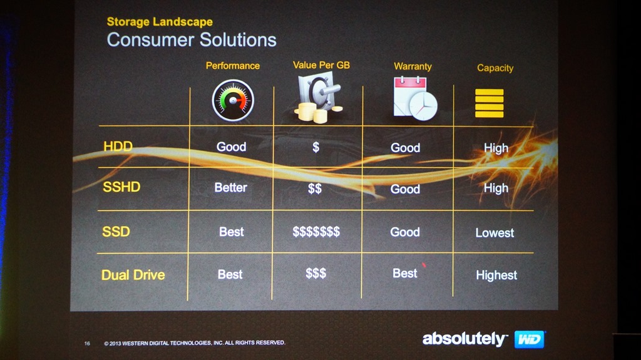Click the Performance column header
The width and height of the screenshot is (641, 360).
pos(233,66)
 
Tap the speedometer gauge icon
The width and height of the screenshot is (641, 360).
pos(233,100)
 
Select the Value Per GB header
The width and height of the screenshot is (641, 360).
pos(321,65)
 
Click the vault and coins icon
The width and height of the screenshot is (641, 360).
pos(319,98)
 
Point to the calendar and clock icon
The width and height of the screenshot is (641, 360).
pos(415,98)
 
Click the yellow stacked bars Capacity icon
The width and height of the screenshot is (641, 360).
pos(490,103)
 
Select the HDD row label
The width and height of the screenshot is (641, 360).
pos(118,146)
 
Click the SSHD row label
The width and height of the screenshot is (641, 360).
pos(121,187)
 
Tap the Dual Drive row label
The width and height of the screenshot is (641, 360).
pos(133,275)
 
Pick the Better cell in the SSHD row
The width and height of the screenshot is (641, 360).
pos(230,187)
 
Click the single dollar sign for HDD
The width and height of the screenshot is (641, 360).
pos(315,147)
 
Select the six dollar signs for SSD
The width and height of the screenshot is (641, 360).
pos(316,232)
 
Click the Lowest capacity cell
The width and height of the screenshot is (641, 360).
pos(495,233)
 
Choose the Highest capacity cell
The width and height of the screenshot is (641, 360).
pos(496,275)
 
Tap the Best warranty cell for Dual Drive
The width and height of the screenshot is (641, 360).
pos(405,273)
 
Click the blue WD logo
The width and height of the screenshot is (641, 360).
pos(530,339)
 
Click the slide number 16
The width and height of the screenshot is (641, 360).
pos(87,343)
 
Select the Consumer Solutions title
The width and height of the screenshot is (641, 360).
pos(192,40)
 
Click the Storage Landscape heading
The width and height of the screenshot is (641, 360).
pos(160,22)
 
